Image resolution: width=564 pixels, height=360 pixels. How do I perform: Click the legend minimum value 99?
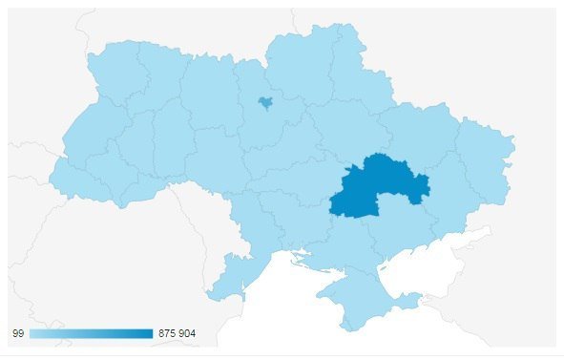click(16, 333)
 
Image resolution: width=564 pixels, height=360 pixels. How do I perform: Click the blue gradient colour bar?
click(91, 333)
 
